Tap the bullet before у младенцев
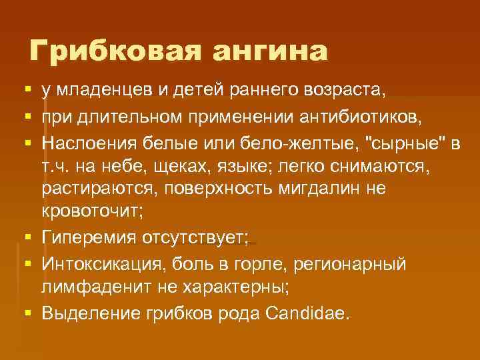(25, 89)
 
